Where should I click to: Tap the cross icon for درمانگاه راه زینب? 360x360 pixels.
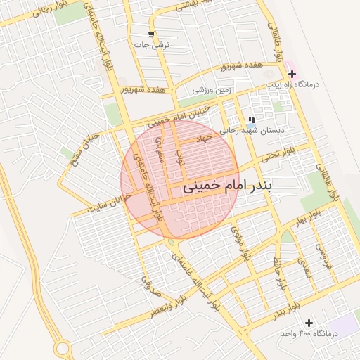pos(292,74)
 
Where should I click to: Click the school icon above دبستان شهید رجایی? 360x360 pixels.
pos(252,120)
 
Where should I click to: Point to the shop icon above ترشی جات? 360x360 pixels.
pos(151,34)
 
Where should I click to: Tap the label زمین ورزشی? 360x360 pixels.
pos(212,90)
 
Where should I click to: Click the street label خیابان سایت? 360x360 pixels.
pos(110,205)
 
